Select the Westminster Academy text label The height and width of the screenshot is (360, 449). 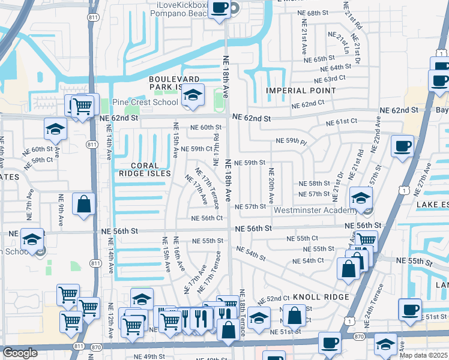click(x=316, y=211)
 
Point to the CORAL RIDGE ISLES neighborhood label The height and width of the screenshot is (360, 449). click(x=144, y=169)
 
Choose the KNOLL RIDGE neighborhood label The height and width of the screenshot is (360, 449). click(x=321, y=298)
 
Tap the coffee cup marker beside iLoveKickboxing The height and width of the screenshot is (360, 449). click(x=220, y=8)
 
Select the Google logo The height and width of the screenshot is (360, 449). click(x=20, y=353)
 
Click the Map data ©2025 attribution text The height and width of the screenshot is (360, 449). click(x=423, y=355)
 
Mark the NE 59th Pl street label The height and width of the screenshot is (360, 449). click(x=292, y=141)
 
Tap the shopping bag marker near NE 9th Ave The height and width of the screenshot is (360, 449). click(x=83, y=204)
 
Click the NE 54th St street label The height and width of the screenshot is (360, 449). click(x=251, y=253)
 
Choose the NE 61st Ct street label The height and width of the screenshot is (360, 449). click(x=342, y=122)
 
